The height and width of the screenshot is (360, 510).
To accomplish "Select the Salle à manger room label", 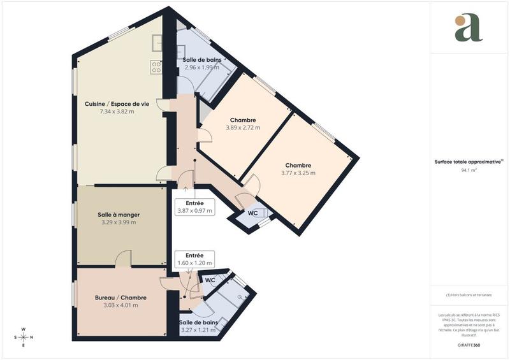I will click(119, 215).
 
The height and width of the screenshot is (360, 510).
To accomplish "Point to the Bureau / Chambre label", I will click(120, 298).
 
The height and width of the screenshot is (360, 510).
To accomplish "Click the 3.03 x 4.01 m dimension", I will click(120, 305).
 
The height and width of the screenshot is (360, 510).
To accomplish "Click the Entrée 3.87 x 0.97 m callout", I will click(194, 206).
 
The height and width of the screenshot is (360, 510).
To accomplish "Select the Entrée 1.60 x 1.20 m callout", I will click(194, 259).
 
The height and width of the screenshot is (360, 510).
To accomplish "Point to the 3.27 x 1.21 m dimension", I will click(198, 330).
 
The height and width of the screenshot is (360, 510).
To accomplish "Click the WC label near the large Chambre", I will click(252, 213).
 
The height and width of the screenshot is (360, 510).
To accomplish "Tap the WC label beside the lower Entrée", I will click(210, 280).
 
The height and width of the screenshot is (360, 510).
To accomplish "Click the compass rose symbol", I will click(23, 337).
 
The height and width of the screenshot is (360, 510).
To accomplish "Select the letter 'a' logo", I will click(469, 28).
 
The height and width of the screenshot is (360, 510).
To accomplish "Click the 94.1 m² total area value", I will click(469, 170).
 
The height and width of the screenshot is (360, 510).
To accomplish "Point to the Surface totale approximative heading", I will click(469, 162).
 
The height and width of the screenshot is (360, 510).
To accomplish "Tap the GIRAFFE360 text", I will click(469, 344).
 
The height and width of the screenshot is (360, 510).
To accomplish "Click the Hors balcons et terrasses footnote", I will click(469, 295).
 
